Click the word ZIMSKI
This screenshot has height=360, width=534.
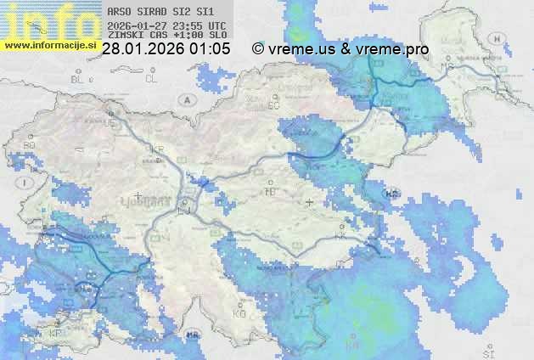(126, 36)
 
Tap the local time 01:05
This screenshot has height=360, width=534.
(210, 49)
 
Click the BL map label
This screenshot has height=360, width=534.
(79, 79)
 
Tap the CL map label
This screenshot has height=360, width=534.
(151, 79)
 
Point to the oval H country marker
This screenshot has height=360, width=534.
(391, 193)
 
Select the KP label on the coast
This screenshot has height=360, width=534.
(56, 333)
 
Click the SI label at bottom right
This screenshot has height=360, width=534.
(487, 351)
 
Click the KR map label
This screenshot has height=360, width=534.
(157, 149)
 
